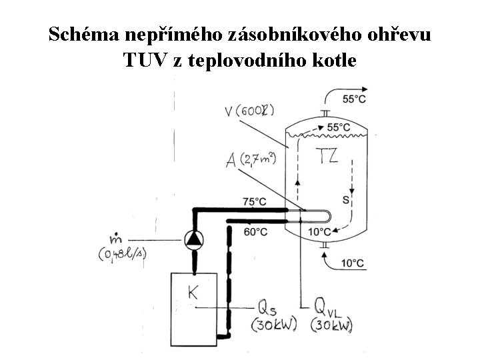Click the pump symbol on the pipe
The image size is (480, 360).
[x=194, y=239]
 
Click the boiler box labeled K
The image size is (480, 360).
[x=198, y=303]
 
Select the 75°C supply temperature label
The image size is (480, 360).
[x=255, y=201]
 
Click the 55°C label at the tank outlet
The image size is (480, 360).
[x=354, y=99]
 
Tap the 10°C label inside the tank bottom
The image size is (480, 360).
[x=320, y=232]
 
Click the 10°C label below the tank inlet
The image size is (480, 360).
[x=353, y=263]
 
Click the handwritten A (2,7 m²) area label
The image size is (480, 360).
[x=250, y=161]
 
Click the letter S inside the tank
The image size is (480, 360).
[x=346, y=199]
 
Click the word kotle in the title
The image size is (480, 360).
[x=331, y=60]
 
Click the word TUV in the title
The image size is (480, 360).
[x=145, y=60]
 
